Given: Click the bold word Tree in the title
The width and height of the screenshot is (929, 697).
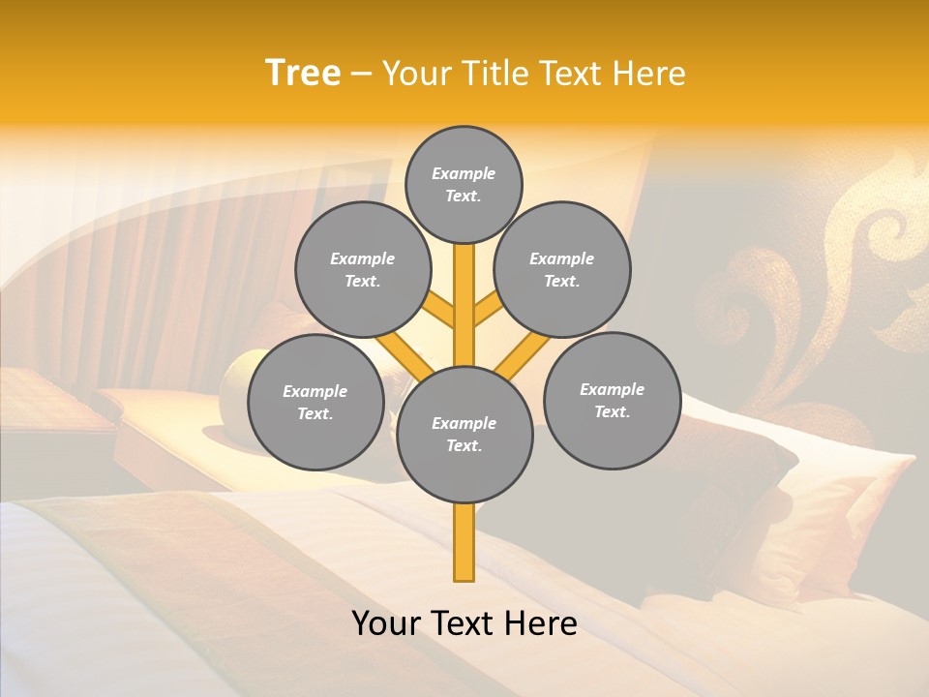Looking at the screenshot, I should (303, 74).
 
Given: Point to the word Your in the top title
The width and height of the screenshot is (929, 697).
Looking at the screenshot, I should (417, 74).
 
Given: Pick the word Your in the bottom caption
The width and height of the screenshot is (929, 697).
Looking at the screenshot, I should (387, 623).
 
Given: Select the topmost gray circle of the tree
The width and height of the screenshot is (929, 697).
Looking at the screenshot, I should (464, 184).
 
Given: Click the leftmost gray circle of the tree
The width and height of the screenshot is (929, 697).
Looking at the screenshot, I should (315, 402).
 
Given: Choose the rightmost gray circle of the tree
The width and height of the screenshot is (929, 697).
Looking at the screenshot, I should (612, 400).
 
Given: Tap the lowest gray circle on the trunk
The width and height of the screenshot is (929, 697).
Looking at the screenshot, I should (464, 435).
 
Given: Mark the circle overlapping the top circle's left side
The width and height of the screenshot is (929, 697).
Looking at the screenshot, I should (362, 269).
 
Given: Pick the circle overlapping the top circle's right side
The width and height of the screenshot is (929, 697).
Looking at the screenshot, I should (562, 269).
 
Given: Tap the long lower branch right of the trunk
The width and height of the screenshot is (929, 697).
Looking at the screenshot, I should (523, 353).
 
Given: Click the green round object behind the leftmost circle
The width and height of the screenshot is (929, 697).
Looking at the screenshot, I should (237, 373).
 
